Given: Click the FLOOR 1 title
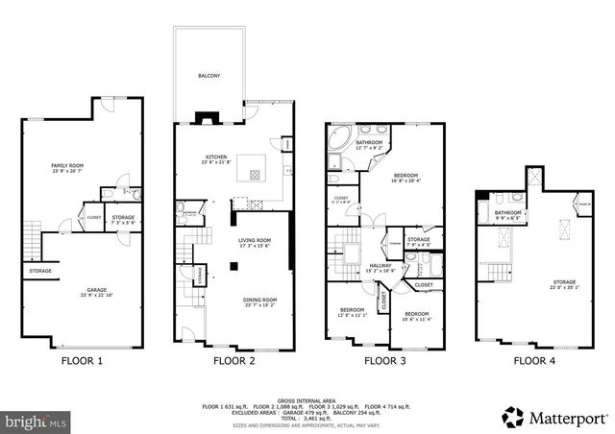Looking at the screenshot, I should pyautogui.click(x=82, y=362).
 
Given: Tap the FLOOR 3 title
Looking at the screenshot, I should pyautogui.click(x=384, y=362).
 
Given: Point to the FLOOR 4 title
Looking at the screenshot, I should pyautogui.click(x=533, y=362).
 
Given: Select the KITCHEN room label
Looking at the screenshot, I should pyautogui.click(x=214, y=158).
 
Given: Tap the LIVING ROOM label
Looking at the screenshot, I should pyautogui.click(x=255, y=241).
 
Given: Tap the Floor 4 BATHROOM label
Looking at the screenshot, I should pyautogui.click(x=508, y=213).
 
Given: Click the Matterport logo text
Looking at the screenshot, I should pyautogui.click(x=569, y=418).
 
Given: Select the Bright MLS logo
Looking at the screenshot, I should pyautogui.click(x=37, y=421).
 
